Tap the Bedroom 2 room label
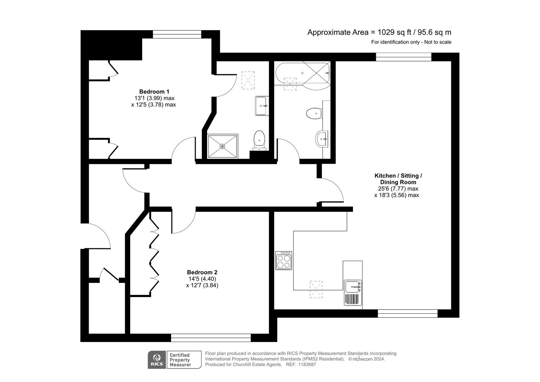202,272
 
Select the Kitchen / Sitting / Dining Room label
398,179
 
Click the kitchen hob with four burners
284,261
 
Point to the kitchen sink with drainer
353,292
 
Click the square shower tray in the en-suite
222,146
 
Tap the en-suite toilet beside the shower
259,140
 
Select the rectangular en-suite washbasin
262,105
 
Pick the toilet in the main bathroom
314,114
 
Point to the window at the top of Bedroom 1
177,34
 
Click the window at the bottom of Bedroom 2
211,338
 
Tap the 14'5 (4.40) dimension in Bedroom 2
202,279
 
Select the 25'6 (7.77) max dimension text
398,189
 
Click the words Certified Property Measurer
180,360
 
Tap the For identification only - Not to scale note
411,42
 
